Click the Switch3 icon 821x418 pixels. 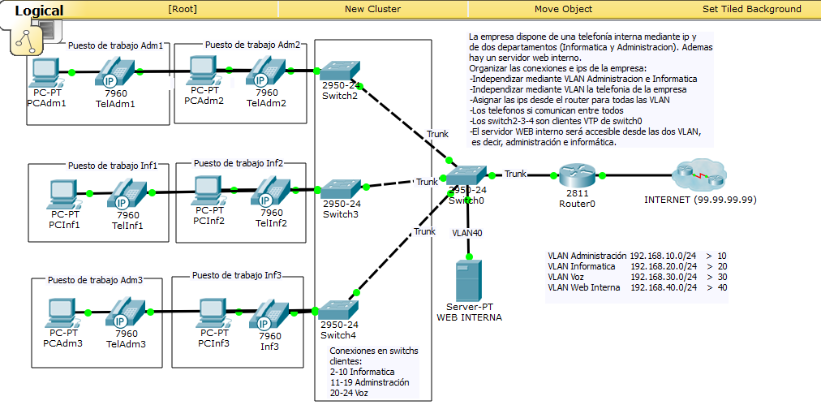(341, 188)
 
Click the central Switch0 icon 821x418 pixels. (466, 176)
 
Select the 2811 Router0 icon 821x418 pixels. (576, 175)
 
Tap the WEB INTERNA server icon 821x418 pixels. (469, 280)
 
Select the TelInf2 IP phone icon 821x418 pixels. (270, 192)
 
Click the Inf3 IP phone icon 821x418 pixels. (269, 314)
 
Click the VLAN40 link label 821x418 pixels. (466, 232)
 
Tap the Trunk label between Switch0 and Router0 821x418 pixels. (515, 174)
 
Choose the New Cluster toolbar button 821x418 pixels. (372, 9)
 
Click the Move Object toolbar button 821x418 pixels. (563, 9)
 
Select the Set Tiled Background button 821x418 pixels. (751, 9)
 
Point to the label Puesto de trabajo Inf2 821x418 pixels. (238, 162)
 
